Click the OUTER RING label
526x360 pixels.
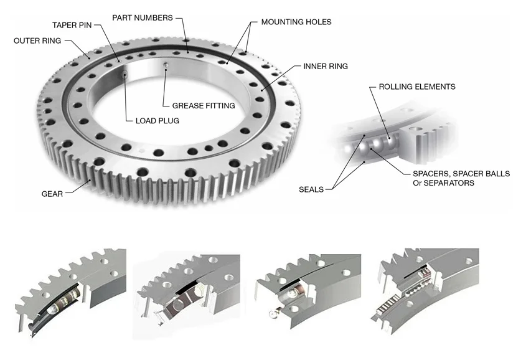[37, 41]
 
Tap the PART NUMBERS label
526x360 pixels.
[142, 17]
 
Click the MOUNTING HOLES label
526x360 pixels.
[296, 22]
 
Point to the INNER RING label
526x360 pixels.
[325, 66]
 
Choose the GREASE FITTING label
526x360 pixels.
[204, 106]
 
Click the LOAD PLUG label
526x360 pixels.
[157, 121]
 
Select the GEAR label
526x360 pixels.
[52, 194]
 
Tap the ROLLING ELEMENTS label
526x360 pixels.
[416, 87]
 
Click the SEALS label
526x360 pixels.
[311, 189]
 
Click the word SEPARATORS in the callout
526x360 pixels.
[449, 183]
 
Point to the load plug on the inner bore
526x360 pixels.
[125, 75]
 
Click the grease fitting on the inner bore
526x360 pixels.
[166, 67]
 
